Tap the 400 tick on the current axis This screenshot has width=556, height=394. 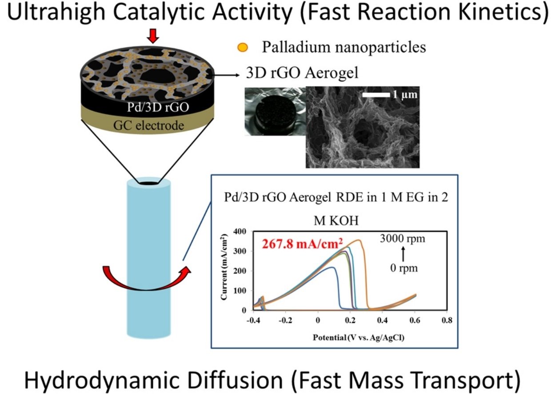(x=240, y=232)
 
